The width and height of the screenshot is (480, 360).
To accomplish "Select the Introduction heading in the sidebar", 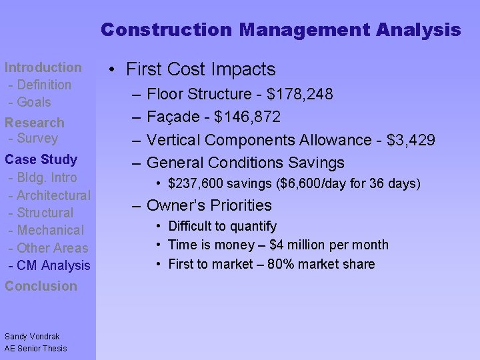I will tap(43, 67).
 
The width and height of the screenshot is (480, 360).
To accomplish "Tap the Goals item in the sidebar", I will tap(34, 102).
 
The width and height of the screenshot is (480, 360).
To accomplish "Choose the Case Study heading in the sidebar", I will tap(41, 159).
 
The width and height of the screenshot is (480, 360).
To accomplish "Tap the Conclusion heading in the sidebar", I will tap(41, 286).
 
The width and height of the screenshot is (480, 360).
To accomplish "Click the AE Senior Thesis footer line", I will tap(36, 348).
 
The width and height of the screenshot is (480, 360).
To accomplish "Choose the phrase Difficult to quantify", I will tap(223, 227).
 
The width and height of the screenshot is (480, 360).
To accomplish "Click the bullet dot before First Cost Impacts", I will tap(116, 69).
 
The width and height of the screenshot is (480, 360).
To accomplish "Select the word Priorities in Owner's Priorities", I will tap(241, 205).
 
